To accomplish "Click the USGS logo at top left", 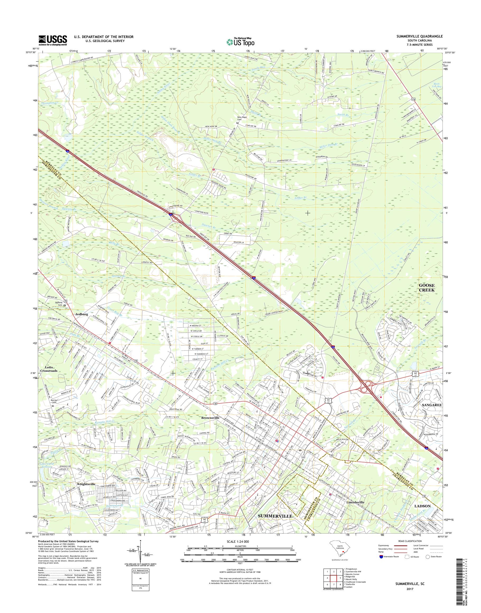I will [53, 40].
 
